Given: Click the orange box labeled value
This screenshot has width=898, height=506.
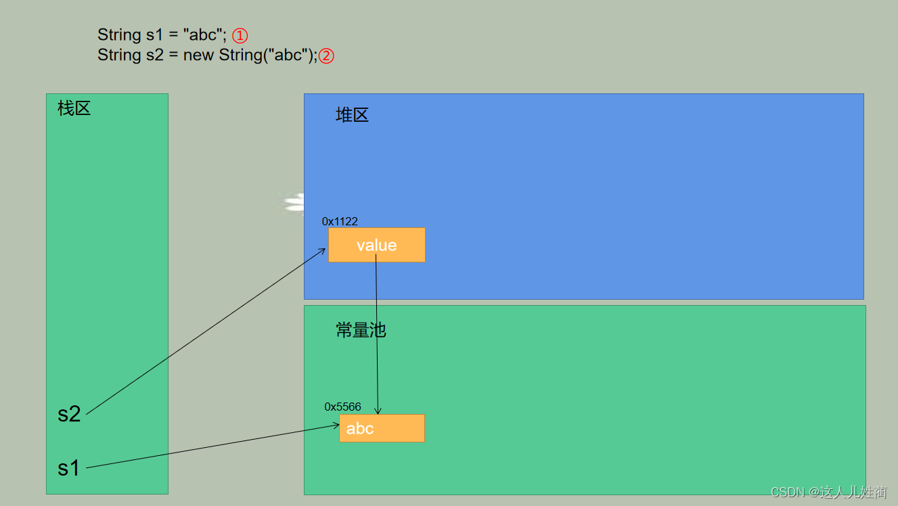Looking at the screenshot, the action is tap(376, 245).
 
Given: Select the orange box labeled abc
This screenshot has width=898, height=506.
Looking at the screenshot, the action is tap(382, 428).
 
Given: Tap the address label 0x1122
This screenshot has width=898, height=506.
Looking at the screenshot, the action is tap(340, 221).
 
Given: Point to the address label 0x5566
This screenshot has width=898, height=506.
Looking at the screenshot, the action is tap(342, 407).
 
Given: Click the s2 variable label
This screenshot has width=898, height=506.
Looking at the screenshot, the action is tap(69, 414).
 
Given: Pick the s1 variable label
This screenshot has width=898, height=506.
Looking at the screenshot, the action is tap(68, 467).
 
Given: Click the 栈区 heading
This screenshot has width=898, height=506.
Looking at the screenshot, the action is tap(74, 108).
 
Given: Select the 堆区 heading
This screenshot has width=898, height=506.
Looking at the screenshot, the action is tap(352, 115).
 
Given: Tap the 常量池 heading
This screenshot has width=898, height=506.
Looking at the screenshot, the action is tap(361, 329).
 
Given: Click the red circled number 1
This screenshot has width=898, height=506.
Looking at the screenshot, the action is tap(240, 36).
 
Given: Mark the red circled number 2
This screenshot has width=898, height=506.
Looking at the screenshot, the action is tap(326, 55).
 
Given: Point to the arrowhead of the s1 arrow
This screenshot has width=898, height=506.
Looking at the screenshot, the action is tap(336, 425).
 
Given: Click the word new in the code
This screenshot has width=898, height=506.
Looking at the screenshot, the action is tap(198, 55).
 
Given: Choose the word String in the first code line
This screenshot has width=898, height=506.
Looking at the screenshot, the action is tap(119, 34).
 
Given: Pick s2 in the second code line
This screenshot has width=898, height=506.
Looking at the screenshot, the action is tap(155, 55).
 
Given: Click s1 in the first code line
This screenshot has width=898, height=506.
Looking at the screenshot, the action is tap(155, 34).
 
